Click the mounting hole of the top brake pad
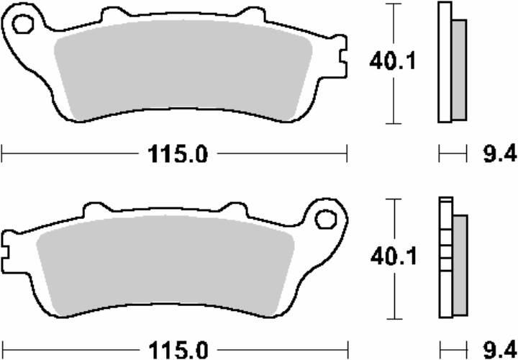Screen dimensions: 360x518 point(22,27)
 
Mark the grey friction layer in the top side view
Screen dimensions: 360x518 point(458,68)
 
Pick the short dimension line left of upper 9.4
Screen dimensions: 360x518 point(450,153)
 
